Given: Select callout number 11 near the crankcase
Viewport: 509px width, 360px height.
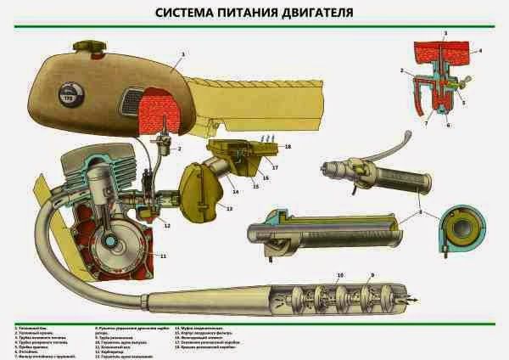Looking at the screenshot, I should [164, 255].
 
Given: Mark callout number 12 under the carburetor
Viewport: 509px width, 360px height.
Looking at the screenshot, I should [166, 225].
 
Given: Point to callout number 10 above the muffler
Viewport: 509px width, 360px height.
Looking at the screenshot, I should [341, 276].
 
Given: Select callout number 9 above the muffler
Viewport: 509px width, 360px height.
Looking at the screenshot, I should [371, 276].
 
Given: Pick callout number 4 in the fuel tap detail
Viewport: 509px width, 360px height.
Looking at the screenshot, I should [479, 51].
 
